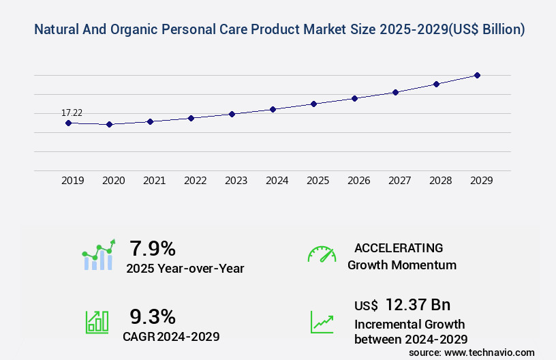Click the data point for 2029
pos(477,75)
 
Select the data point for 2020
pos(109,125)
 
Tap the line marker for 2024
pos(273,109)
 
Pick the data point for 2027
pos(395,92)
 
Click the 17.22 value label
pos(72,112)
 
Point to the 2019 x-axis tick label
pos(73,181)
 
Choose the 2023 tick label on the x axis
pos(236,181)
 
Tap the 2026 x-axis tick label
pos(359,181)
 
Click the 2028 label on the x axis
pos(441,181)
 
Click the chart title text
pos(279,30)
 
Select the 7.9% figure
pos(153,248)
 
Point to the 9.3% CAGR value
pos(153,316)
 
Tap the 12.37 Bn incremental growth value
pos(417,305)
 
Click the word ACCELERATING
pos(399,248)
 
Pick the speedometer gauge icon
pos(322,254)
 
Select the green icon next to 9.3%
pos(97,321)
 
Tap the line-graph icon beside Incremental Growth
pos(322,321)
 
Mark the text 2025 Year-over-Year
pos(185,269)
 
